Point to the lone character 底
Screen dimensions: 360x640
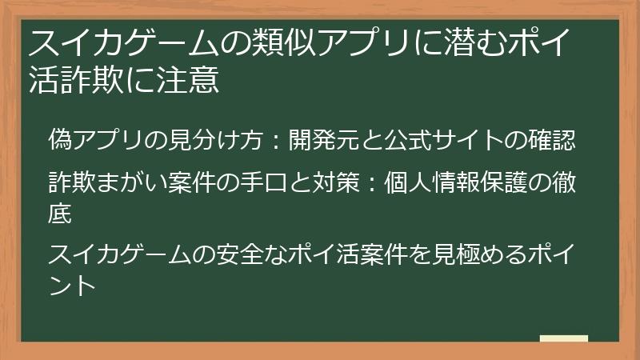(x=60, y=214)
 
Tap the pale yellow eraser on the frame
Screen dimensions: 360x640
(x=563, y=339)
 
